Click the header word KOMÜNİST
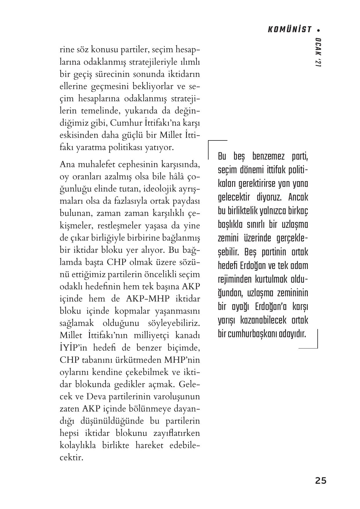290,30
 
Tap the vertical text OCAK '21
318,53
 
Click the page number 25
321,481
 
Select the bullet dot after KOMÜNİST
319,30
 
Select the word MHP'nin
182,360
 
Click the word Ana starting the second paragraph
67,165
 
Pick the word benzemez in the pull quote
266,157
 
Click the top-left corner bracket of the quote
209,142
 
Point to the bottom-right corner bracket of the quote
317,347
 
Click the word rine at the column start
67,50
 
